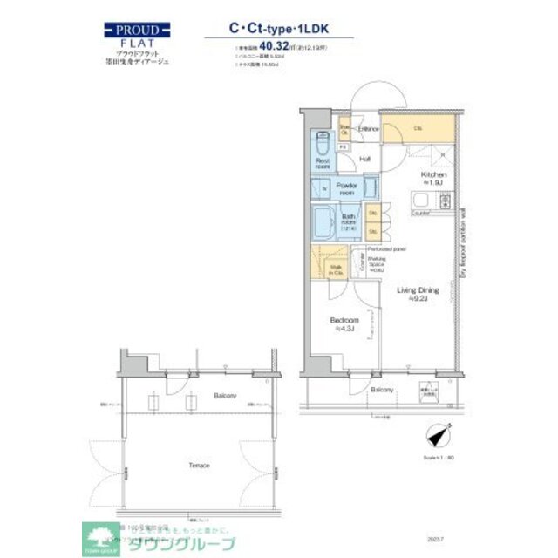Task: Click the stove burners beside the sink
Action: point(445,202)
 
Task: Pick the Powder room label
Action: point(349,189)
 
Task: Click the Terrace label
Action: point(199,466)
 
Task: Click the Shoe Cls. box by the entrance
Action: point(344,129)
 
